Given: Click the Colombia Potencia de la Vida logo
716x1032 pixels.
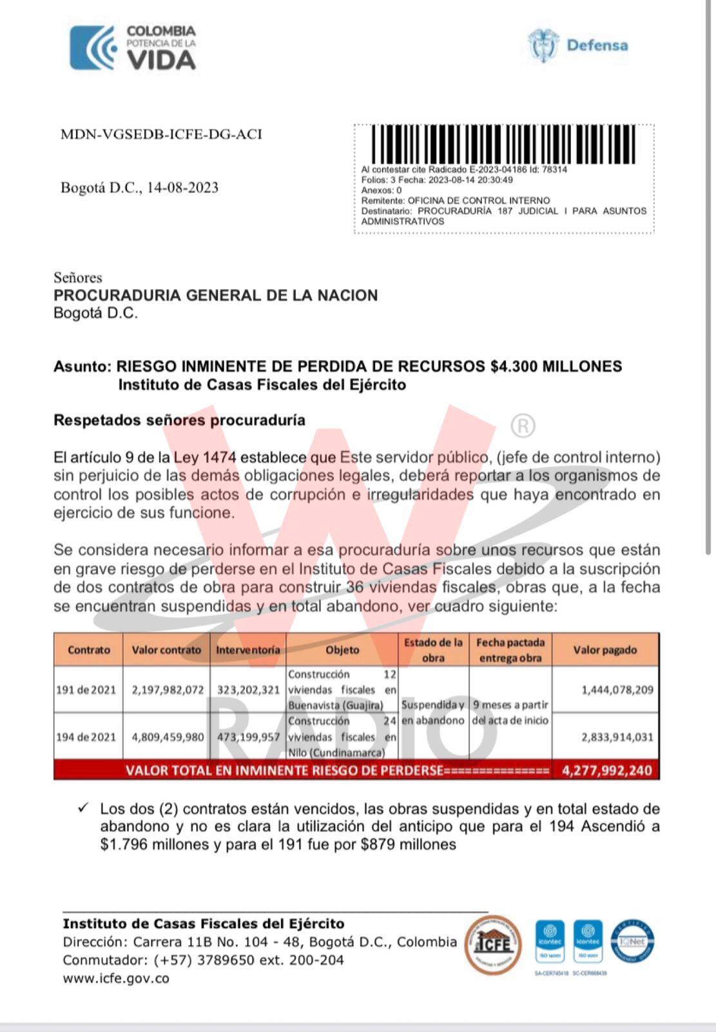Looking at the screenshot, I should tap(133, 48).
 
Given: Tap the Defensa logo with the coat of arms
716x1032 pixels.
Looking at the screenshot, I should tap(578, 45).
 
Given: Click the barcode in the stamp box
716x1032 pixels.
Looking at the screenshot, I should tap(503, 143).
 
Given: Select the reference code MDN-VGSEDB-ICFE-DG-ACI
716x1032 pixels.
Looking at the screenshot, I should tap(161, 134).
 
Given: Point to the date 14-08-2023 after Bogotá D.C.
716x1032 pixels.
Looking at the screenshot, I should tap(182, 188).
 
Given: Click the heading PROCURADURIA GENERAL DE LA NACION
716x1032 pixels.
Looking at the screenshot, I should tap(215, 295).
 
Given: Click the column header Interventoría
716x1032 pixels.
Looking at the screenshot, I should tap(248, 650).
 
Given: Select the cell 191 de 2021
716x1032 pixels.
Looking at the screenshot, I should tap(86, 690).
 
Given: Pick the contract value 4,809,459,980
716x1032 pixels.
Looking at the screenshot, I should tap(168, 737).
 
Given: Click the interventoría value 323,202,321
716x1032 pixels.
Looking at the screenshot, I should tap(248, 690).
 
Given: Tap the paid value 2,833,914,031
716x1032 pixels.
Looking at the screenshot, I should tap(617, 737).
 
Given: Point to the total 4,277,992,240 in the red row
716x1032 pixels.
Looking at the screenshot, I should tap(606, 770).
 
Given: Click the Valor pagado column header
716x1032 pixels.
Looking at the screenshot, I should tap(605, 650).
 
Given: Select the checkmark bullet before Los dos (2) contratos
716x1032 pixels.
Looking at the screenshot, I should tap(82, 808).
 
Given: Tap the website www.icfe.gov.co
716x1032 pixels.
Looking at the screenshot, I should tap(116, 978).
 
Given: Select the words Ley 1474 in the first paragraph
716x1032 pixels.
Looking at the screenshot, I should tap(206, 457).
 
